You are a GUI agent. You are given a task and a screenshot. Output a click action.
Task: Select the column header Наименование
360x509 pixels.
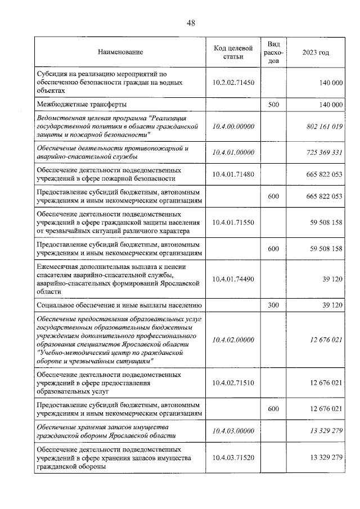pyautogui.click(x=120, y=52)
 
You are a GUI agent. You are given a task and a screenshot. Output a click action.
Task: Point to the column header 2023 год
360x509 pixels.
pyautogui.click(x=316, y=52)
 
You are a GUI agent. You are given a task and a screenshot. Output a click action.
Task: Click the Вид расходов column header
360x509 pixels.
pyautogui.click(x=273, y=52)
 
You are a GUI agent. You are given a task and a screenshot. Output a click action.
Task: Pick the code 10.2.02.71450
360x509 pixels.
pyautogui.click(x=233, y=82)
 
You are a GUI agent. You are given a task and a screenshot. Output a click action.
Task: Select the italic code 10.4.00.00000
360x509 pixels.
pyautogui.click(x=233, y=127)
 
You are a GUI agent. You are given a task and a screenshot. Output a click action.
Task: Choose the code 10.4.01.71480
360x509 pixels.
pyautogui.click(x=233, y=174)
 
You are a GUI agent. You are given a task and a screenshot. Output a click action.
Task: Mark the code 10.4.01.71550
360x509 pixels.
pyautogui.click(x=233, y=223)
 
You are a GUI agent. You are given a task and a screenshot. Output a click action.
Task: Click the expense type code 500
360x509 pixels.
pyautogui.click(x=273, y=105)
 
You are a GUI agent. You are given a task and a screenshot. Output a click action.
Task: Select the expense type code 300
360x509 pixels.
pyautogui.click(x=273, y=305)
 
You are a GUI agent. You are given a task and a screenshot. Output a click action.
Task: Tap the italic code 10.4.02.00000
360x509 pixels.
pyautogui.click(x=233, y=340)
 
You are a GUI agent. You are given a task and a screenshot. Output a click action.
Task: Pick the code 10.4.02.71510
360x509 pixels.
pyautogui.click(x=233, y=382)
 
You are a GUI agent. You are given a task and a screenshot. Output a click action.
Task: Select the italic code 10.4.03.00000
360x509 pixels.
pyautogui.click(x=233, y=431)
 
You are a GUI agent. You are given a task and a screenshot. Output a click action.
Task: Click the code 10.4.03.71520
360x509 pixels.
pyautogui.click(x=233, y=458)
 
